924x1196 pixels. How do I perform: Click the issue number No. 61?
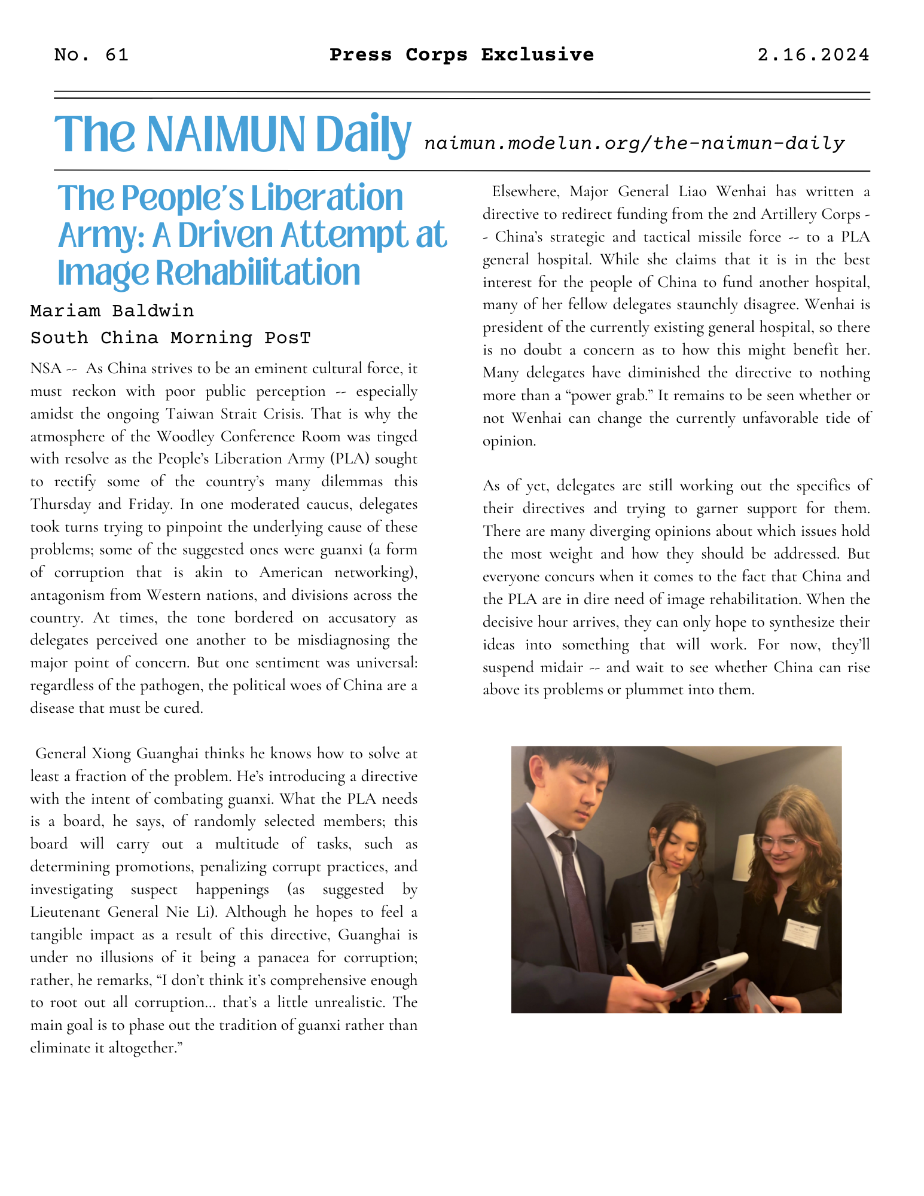91,55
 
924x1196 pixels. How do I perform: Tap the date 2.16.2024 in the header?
813,55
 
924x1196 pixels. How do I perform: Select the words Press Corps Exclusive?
461,55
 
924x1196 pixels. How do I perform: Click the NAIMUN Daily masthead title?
233,135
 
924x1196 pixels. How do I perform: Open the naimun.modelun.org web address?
634,144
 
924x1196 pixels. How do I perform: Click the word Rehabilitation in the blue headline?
258,273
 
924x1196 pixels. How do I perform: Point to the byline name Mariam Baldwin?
112,311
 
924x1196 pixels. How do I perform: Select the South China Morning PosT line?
170,338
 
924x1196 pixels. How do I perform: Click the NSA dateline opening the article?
46,368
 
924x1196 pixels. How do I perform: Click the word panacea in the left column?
284,957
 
